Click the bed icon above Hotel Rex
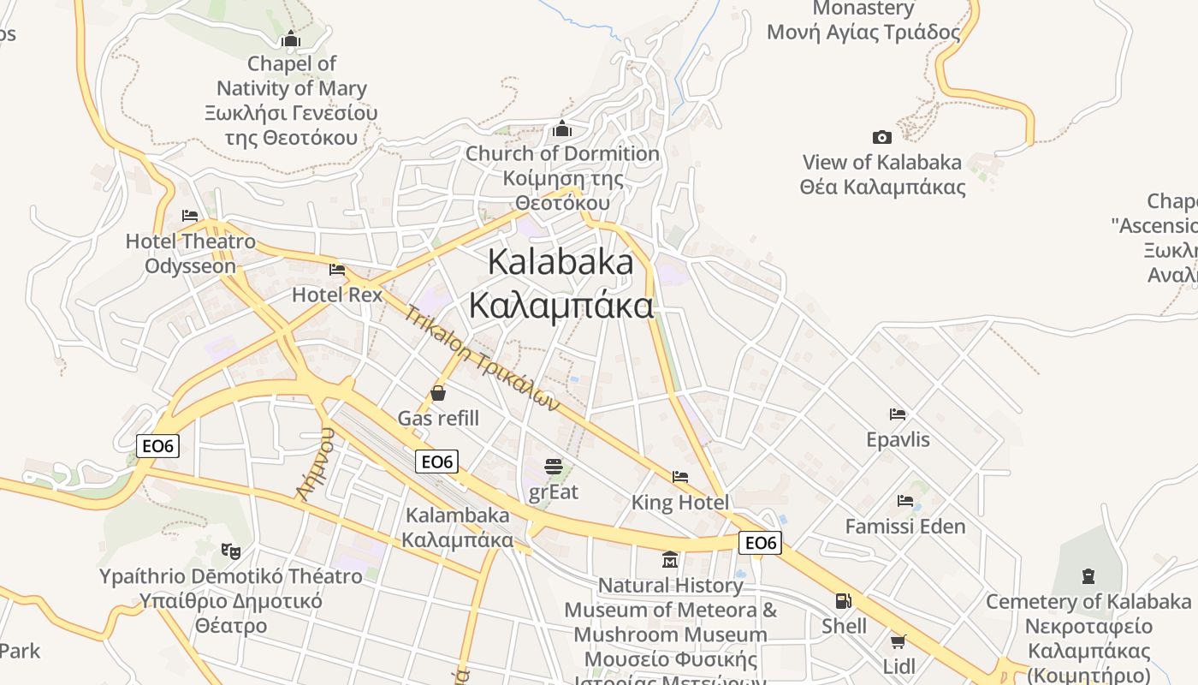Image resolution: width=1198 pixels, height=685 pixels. click(x=337, y=270)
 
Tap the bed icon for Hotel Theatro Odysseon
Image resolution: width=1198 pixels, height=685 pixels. click(x=190, y=216)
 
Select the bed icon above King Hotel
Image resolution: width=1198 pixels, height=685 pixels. click(x=680, y=476)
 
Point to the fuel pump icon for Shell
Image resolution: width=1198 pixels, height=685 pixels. click(x=843, y=601)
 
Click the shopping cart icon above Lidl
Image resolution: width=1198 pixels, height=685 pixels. click(x=898, y=641)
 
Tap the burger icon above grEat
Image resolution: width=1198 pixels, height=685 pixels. click(x=554, y=467)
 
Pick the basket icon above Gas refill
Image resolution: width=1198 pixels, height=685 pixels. click(x=438, y=393)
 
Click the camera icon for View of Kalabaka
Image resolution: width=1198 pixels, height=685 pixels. click(x=882, y=137)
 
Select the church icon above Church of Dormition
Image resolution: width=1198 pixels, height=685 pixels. click(x=562, y=128)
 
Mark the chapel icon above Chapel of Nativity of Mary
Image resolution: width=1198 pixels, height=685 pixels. click(x=291, y=39)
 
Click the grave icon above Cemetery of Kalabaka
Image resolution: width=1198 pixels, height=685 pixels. click(x=1088, y=575)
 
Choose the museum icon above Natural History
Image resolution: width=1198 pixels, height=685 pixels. click(x=670, y=560)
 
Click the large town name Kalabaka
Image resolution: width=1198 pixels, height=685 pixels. click(x=560, y=262)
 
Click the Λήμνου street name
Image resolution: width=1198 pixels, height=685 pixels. click(x=314, y=462)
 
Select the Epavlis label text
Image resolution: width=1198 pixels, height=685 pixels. click(x=898, y=439)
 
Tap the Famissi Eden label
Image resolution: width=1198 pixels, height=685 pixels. click(x=905, y=526)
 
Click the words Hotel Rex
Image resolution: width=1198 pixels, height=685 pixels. click(x=337, y=295)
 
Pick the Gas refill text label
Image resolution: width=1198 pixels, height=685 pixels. click(x=438, y=419)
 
